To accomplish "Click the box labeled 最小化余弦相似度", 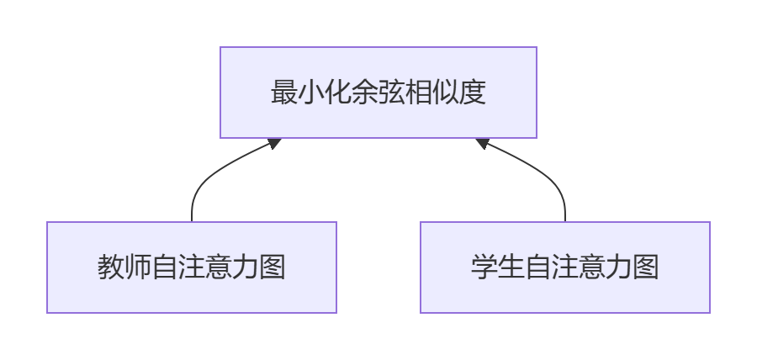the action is [x=378, y=93].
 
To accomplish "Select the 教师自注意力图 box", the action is [x=192, y=267].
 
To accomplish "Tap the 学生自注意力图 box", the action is [x=565, y=267].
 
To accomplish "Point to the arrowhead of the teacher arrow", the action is [x=275, y=143].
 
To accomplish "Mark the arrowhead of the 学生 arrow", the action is [x=482, y=143].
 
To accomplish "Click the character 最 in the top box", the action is [x=284, y=93].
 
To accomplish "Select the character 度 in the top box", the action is [x=473, y=93].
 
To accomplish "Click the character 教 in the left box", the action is [x=111, y=267].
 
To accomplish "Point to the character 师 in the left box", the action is [x=138, y=267].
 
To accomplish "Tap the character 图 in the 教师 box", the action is [x=273, y=267].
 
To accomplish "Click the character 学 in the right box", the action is [x=484, y=267].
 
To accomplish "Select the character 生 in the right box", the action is [x=511, y=267].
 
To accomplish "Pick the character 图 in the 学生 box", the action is [x=646, y=267].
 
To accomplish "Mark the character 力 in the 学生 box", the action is [x=619, y=267].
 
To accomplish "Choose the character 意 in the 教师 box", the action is [x=219, y=267].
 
